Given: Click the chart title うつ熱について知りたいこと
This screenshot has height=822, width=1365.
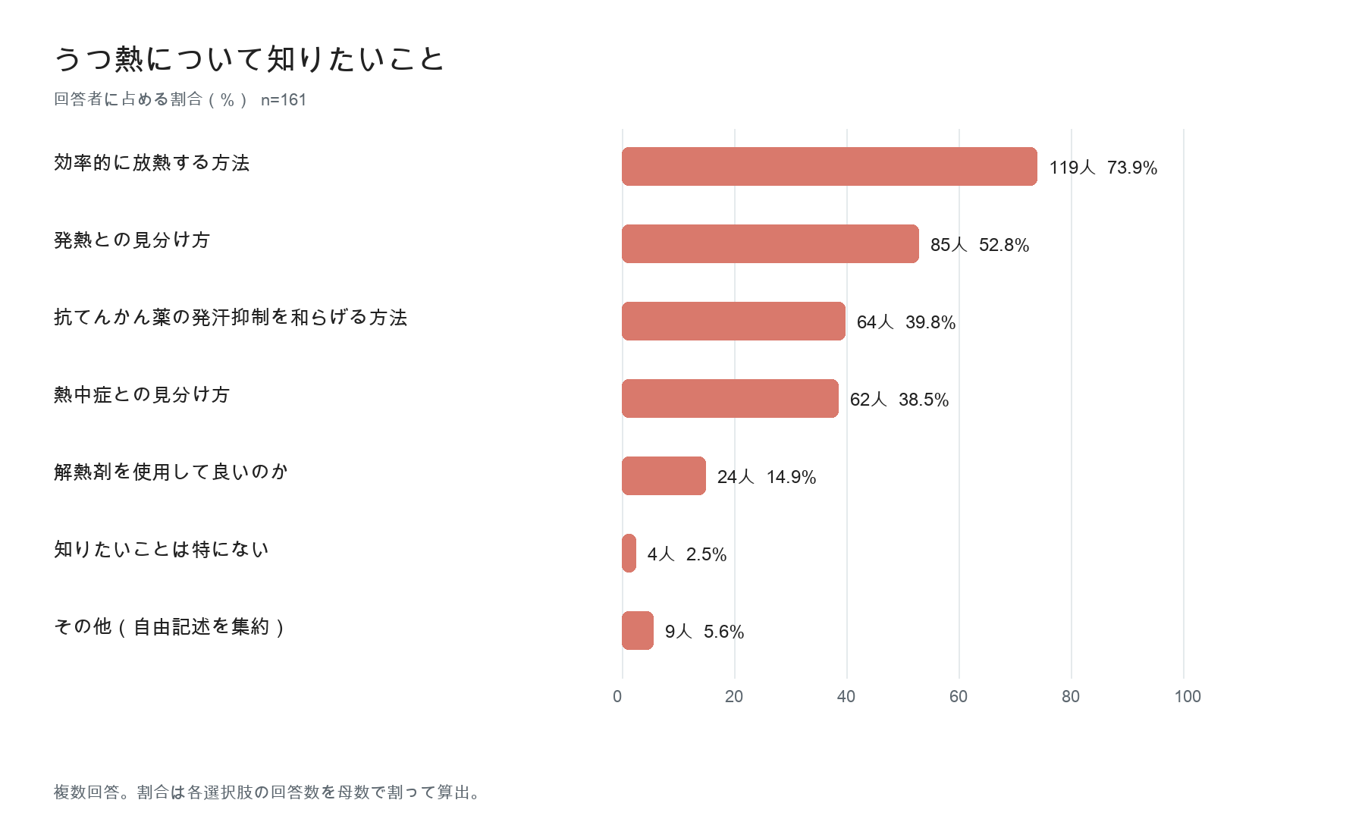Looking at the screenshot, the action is [249, 59].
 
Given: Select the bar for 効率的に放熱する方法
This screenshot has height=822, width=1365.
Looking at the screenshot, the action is [830, 167].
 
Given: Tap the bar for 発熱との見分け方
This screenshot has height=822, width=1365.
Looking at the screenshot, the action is [770, 244].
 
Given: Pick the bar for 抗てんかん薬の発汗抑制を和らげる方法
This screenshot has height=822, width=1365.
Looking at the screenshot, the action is [733, 322].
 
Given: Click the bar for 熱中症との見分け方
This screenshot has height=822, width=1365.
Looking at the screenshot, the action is [730, 399].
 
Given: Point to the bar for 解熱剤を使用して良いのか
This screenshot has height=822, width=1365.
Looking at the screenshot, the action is [664, 476].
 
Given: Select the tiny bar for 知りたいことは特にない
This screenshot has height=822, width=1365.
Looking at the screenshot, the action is [629, 554].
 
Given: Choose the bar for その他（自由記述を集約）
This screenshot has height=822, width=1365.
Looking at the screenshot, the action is [638, 631].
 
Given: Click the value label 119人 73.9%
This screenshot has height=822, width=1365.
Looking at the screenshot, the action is [1103, 168].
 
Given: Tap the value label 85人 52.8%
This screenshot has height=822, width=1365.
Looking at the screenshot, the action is [980, 245].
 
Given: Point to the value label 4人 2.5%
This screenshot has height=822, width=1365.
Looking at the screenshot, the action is [687, 554].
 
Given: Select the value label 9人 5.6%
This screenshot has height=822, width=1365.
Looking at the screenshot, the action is [704, 632].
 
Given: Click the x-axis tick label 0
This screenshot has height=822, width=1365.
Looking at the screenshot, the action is [617, 697].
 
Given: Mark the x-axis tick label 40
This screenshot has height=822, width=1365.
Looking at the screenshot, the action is [846, 697].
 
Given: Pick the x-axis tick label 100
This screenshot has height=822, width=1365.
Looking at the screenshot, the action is [1188, 697].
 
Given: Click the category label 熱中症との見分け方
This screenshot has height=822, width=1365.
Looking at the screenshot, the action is [142, 394].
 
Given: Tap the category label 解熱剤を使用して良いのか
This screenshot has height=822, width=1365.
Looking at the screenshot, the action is [171, 472].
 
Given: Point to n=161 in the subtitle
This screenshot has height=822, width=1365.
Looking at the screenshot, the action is [284, 100].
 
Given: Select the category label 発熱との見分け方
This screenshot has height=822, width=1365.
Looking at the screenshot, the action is [132, 240].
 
